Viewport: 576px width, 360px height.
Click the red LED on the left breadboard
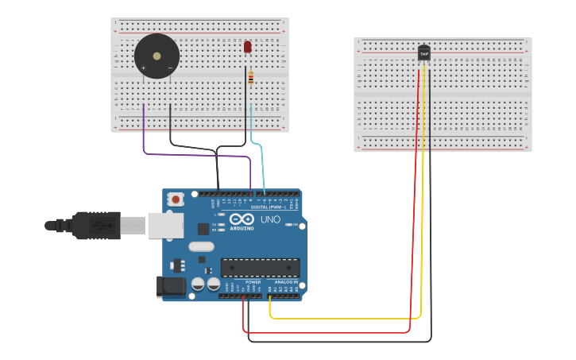[247, 47]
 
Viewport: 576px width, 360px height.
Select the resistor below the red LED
[251, 78]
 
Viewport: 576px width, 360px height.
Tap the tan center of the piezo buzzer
[157, 56]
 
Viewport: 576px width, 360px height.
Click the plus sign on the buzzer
[144, 68]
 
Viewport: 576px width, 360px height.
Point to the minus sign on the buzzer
[169, 68]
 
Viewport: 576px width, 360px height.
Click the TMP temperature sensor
[423, 53]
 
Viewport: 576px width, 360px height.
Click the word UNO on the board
[270, 219]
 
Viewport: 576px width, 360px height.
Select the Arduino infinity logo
[242, 219]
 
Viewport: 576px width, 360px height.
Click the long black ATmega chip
[260, 268]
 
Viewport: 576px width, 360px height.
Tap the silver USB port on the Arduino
[164, 226]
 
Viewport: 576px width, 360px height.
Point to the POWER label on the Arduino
[253, 282]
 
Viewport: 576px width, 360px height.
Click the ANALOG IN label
[286, 282]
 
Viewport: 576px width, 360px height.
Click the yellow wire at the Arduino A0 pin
[270, 306]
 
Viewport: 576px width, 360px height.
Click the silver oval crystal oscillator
[201, 246]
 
